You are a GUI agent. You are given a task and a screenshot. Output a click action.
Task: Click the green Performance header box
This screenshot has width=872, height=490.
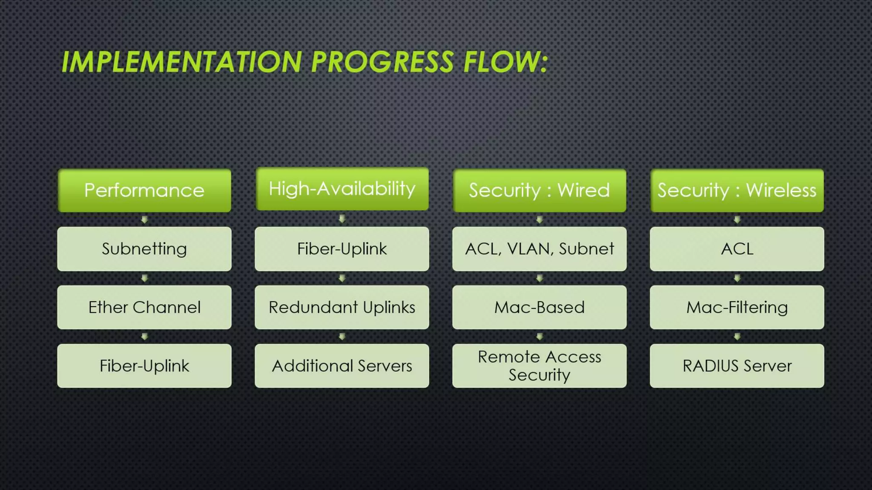(144, 190)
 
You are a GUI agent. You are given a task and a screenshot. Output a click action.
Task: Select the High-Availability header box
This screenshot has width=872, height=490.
(342, 189)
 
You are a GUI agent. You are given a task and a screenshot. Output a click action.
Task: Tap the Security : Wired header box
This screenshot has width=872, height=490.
(539, 190)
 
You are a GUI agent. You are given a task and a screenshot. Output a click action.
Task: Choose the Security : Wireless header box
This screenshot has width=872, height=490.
(737, 190)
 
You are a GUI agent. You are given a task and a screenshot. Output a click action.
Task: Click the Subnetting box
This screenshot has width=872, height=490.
(144, 249)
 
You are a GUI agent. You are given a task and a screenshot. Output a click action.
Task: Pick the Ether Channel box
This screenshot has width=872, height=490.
(144, 307)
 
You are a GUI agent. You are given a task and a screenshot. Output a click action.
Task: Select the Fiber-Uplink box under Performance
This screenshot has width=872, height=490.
(144, 366)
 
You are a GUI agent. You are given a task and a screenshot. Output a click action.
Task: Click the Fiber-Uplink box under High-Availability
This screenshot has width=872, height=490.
(342, 249)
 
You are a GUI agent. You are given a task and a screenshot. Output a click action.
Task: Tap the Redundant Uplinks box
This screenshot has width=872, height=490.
(342, 307)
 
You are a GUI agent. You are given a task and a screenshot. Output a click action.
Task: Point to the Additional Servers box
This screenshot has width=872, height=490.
(342, 366)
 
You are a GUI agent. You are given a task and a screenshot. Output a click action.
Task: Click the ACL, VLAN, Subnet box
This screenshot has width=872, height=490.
(539, 249)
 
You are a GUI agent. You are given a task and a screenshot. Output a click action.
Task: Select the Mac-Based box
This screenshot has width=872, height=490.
(539, 307)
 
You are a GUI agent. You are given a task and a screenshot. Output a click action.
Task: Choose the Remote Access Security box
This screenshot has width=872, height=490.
(539, 366)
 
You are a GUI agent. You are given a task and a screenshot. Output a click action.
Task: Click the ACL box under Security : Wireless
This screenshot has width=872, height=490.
(737, 249)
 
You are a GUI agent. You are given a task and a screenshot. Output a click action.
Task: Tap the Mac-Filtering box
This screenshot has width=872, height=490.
(737, 307)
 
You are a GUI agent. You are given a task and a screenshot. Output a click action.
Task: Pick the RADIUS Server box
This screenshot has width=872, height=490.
(737, 366)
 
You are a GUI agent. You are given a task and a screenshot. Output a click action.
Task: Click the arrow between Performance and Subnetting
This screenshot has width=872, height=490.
(144, 219)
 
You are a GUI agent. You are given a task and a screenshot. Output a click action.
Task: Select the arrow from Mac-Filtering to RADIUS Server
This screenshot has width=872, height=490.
(737, 336)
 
